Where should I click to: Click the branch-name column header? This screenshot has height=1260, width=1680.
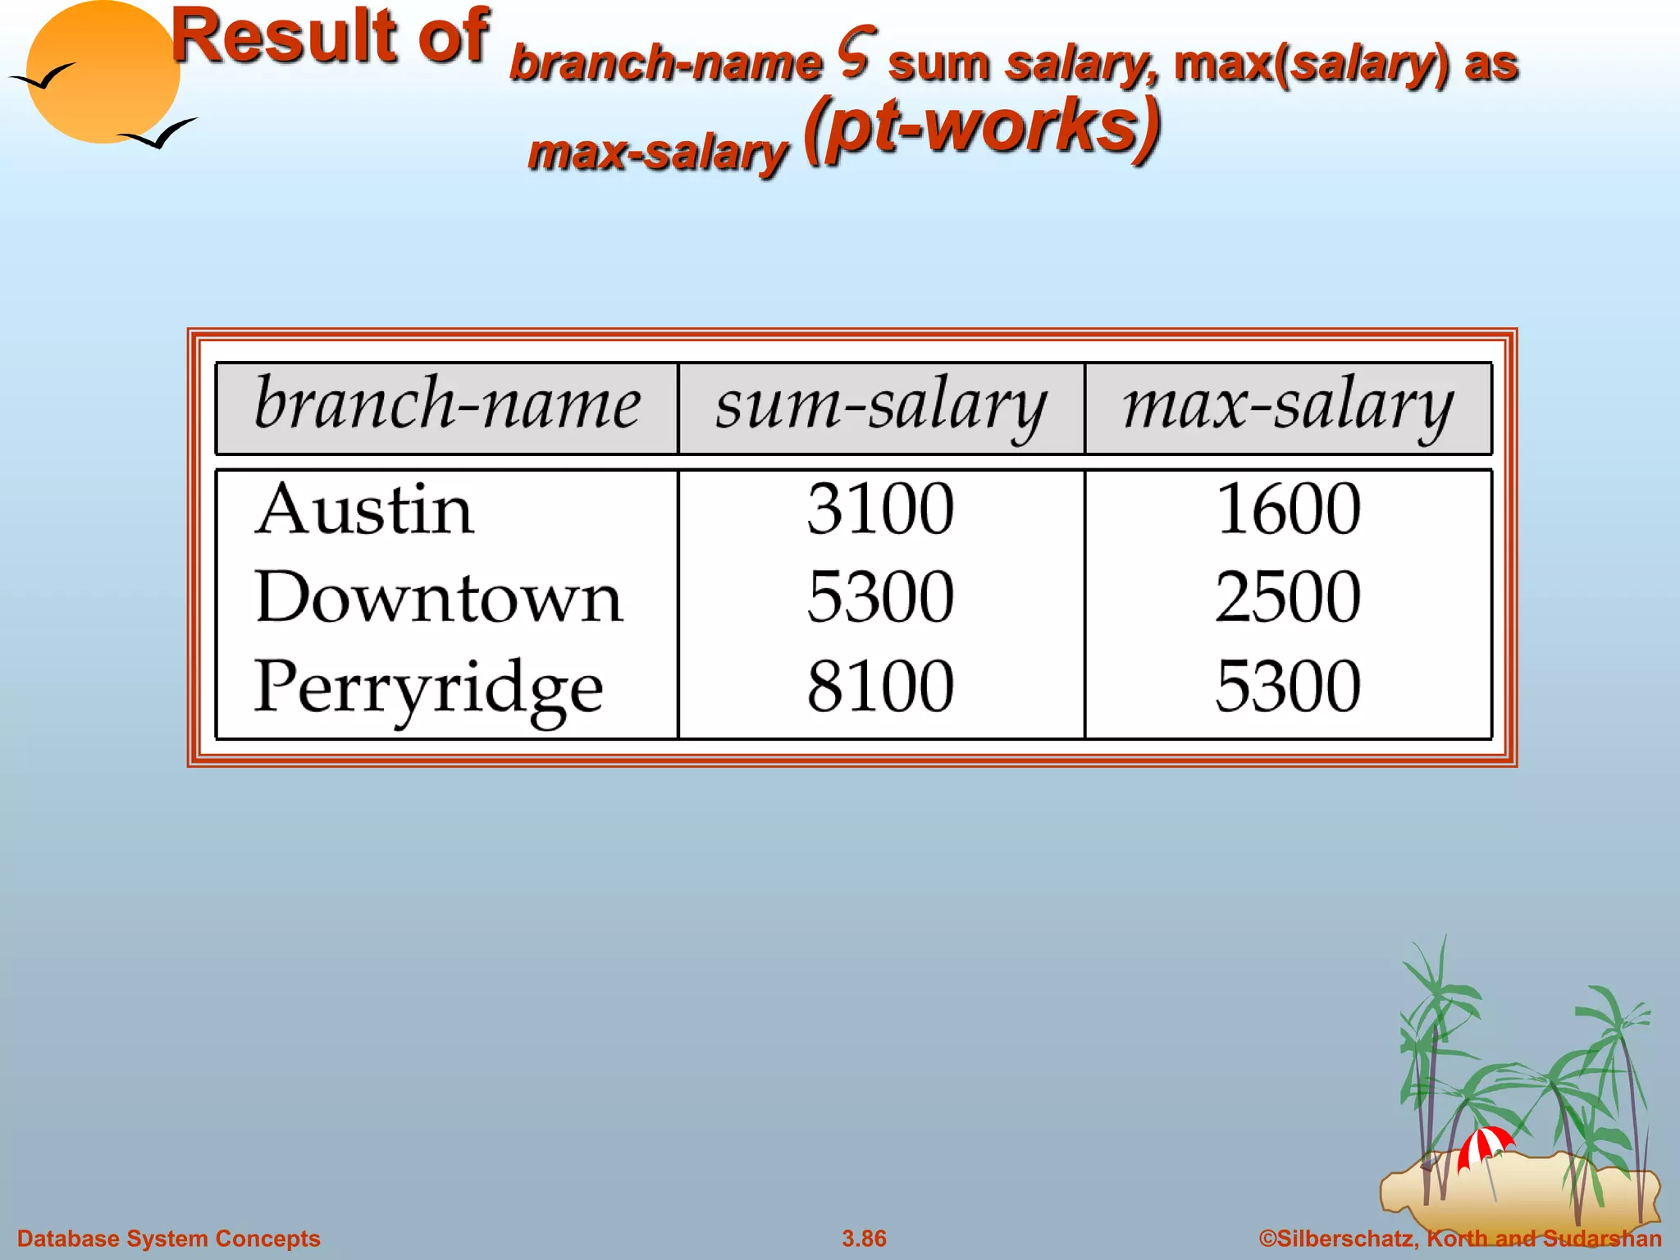(447, 406)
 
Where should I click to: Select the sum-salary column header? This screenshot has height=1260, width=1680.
(880, 406)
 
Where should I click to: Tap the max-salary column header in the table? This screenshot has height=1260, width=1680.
(1288, 406)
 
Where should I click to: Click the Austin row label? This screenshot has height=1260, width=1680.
(364, 509)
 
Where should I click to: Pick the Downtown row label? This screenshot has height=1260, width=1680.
(439, 597)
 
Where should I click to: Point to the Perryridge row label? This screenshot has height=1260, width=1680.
(428, 687)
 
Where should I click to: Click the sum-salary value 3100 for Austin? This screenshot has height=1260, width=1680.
(880, 509)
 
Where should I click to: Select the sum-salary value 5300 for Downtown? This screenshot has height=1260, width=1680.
(880, 597)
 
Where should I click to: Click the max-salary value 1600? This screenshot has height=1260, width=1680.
(1288, 509)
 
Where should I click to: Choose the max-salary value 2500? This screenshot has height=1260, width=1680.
(1288, 597)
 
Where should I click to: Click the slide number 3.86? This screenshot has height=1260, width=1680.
(864, 1239)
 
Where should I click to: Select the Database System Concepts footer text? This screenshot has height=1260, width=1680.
(169, 1239)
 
